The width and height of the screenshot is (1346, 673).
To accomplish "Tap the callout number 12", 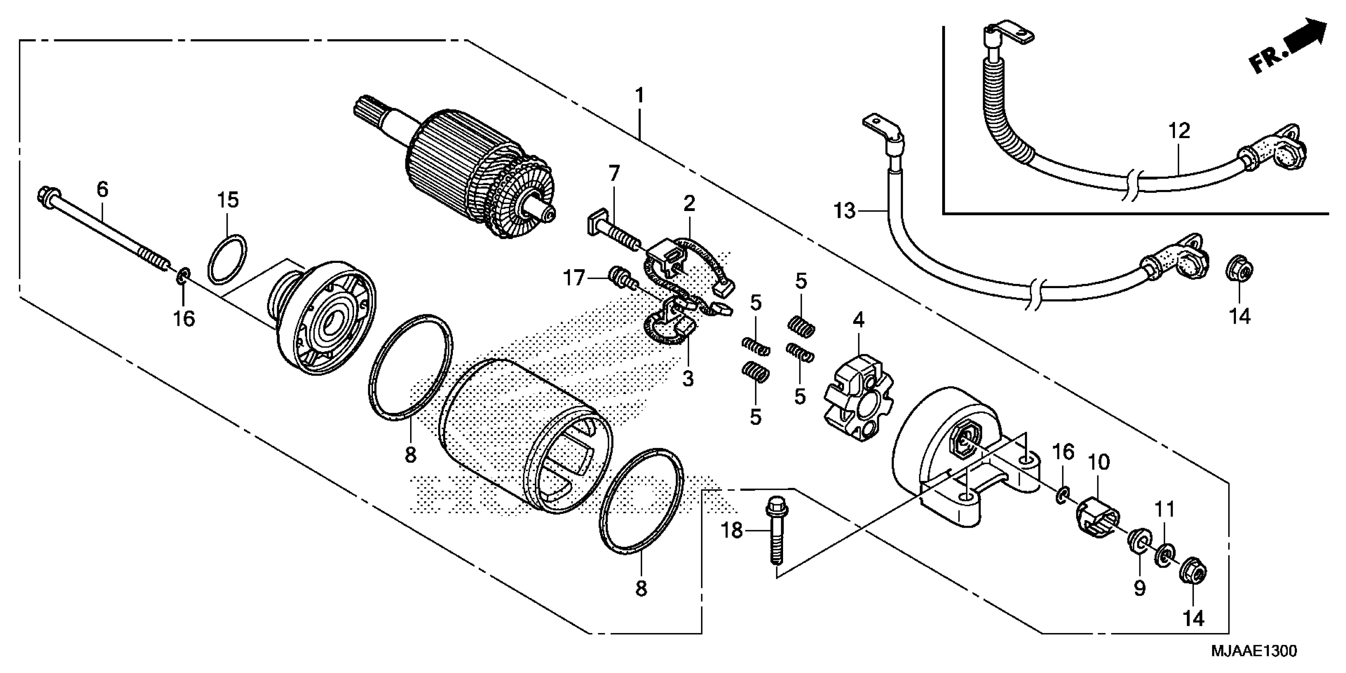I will tap(1179, 131).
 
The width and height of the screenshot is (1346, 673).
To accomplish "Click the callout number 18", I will tap(732, 531).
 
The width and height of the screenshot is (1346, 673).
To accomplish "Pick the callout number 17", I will tap(573, 278).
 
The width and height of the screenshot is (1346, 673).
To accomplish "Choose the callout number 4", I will tap(859, 320).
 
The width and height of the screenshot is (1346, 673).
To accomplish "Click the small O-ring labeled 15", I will tap(227, 259).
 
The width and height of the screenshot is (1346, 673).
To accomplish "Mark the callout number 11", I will tap(1164, 509).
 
